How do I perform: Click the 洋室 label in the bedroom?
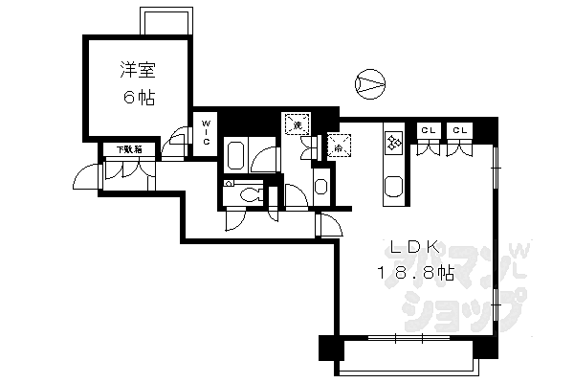(x=138, y=70)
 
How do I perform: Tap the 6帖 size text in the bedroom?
(x=138, y=98)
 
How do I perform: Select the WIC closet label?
(x=206, y=130)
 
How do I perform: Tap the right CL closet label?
(x=460, y=130)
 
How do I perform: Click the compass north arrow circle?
(x=368, y=85)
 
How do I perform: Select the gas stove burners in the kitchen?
(x=394, y=143)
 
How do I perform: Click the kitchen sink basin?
(x=393, y=187)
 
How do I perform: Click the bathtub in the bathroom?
(x=237, y=154)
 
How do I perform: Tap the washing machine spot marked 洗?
(x=297, y=124)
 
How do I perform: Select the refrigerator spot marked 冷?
(x=337, y=146)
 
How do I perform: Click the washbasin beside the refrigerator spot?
(x=321, y=186)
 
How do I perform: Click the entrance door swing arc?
(x=88, y=178)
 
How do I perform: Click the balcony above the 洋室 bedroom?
(x=159, y=21)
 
